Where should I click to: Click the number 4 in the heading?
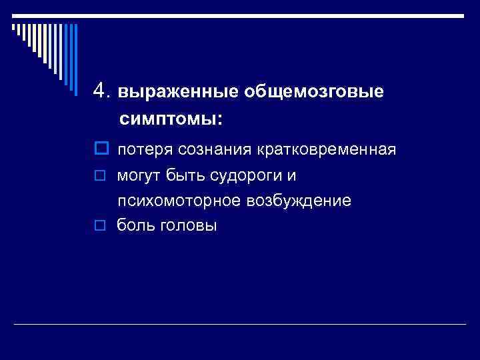pos(100,91)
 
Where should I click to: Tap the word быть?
pos(183,176)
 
